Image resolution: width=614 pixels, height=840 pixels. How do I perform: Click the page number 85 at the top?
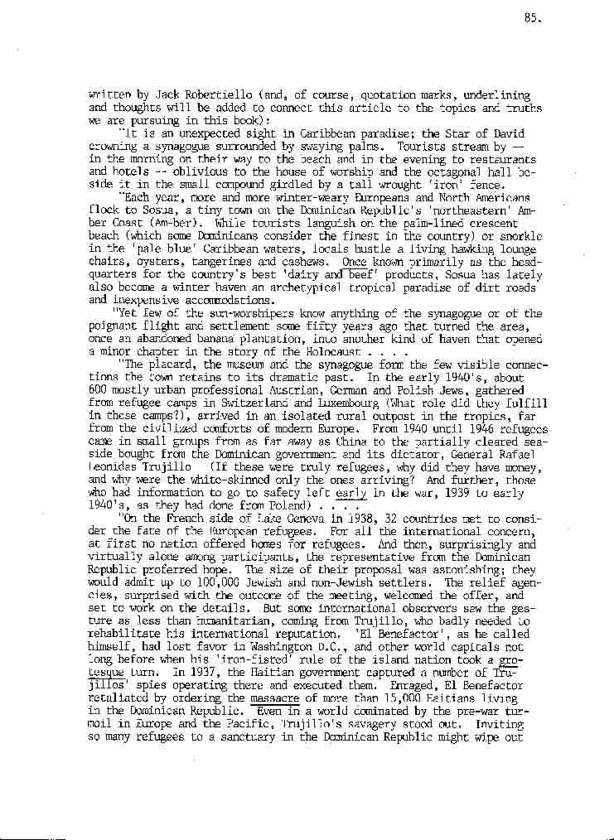pyautogui.click(x=533, y=19)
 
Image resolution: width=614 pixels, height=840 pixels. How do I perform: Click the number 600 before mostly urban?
pyautogui.click(x=99, y=389)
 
